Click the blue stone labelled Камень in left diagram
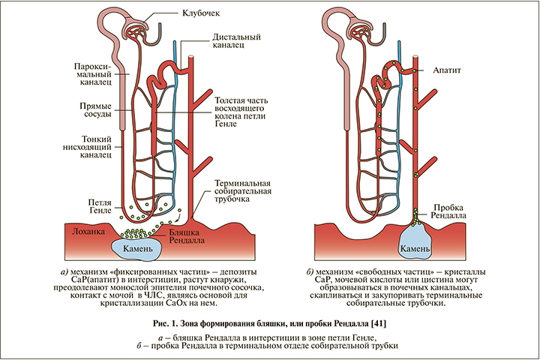coord(138,247)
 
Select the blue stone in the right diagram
coord(414,246)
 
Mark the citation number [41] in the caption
coord(379,322)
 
